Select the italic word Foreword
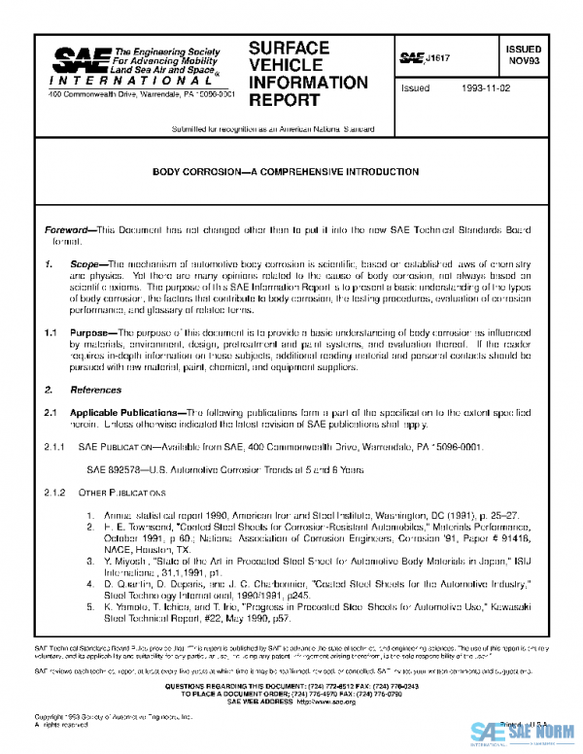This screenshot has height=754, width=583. pos(68,229)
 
